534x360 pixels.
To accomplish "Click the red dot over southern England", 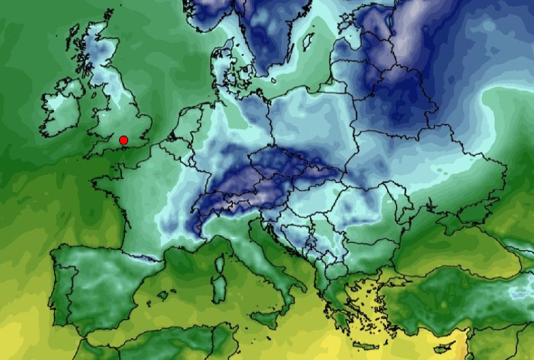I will tap(123, 141).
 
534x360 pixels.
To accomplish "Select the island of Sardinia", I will tap(220, 286).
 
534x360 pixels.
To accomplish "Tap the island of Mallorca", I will tap(163, 295).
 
